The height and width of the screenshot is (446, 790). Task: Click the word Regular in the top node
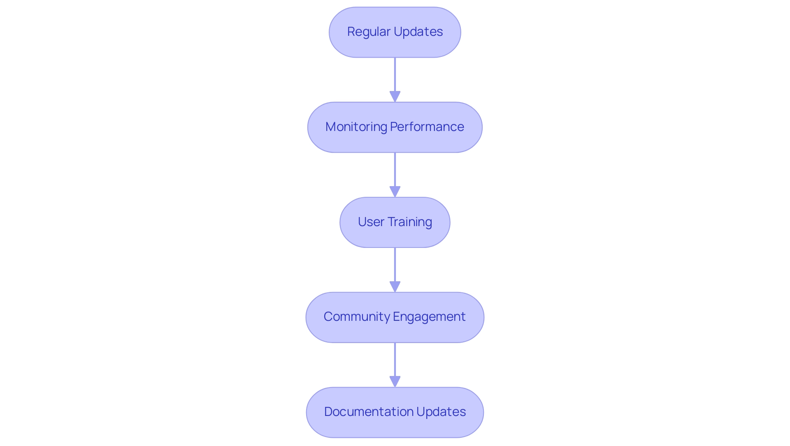tap(369, 32)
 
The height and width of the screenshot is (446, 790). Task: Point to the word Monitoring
tap(356, 127)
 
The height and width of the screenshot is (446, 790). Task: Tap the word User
tap(371, 222)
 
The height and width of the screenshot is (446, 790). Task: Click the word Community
tap(356, 317)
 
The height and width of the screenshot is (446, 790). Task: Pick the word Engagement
tap(429, 317)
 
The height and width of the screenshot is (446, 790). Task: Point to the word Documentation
tap(369, 412)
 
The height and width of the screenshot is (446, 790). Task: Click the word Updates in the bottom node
tap(441, 412)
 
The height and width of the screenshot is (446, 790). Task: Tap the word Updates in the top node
tap(418, 32)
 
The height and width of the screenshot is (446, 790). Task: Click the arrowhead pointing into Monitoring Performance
tap(395, 96)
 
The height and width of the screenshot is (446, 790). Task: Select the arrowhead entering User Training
tap(395, 191)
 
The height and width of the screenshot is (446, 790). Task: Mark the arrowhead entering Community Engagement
tap(395, 287)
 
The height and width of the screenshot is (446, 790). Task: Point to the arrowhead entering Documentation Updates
tap(395, 381)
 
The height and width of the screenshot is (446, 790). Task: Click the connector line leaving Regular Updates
tap(395, 74)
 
